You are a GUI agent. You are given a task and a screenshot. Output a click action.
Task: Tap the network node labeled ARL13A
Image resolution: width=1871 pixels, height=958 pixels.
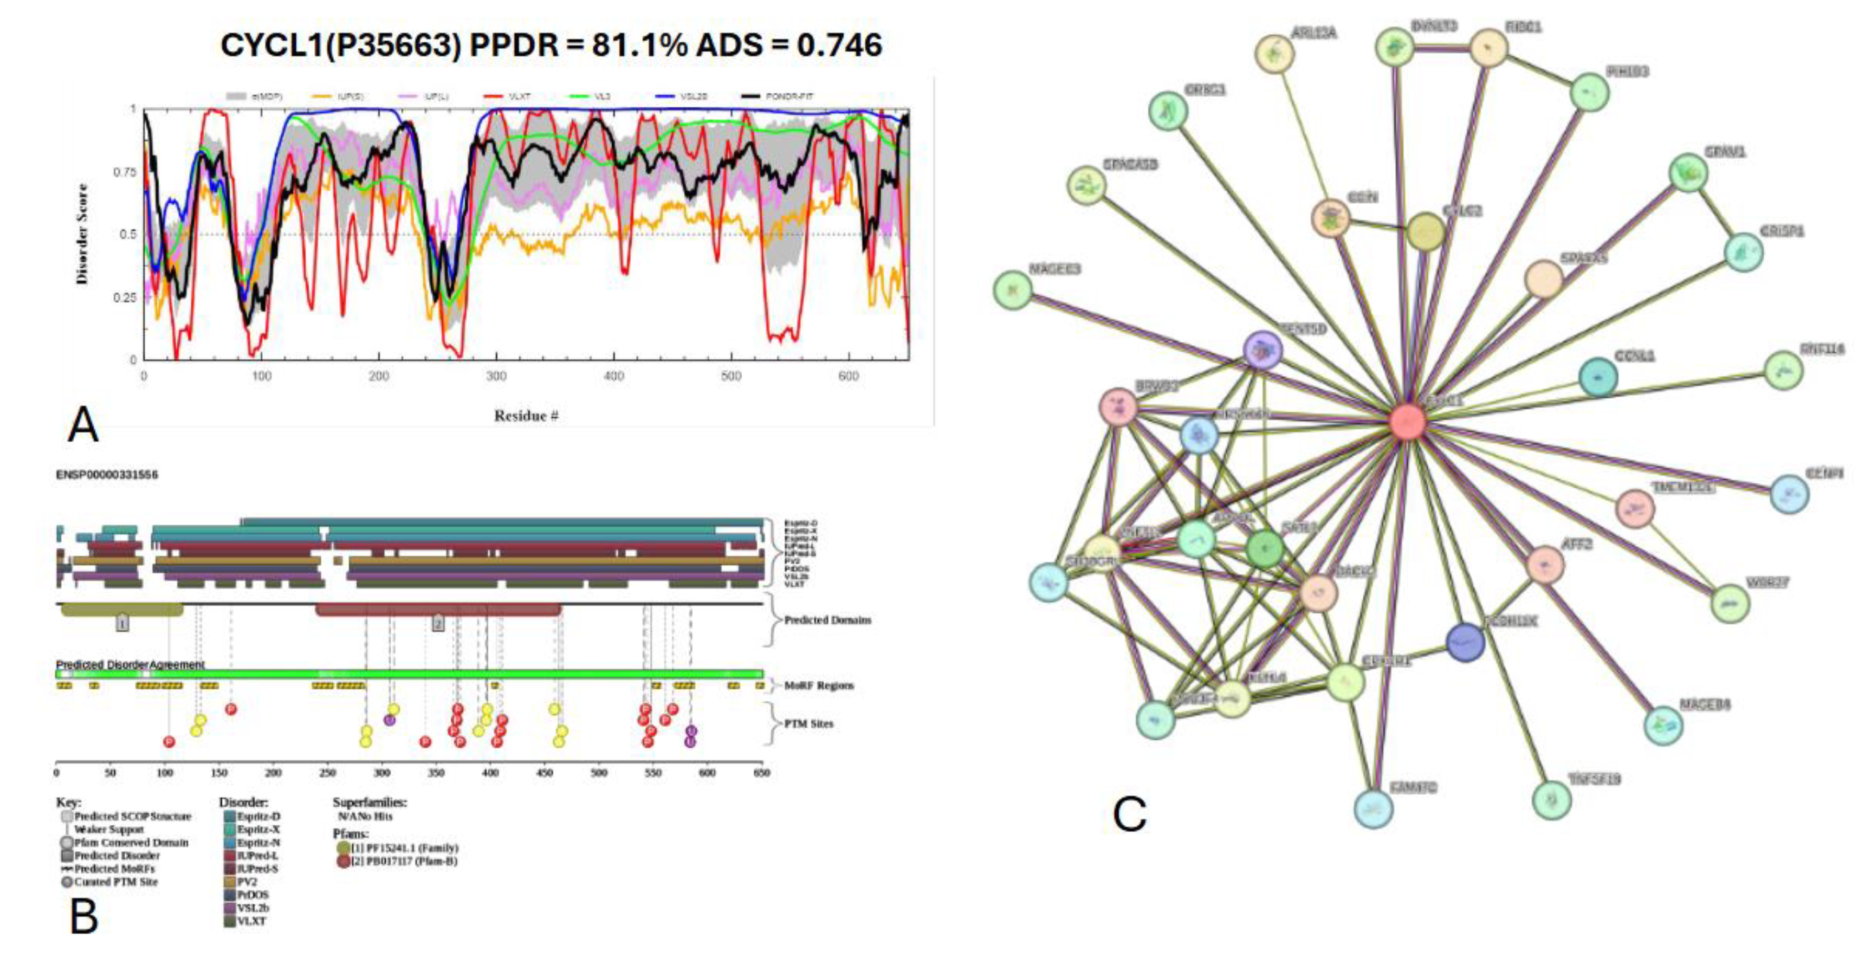pyautogui.click(x=1274, y=53)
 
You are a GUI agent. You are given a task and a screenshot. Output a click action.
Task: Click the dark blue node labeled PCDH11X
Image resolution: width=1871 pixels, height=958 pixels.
pyautogui.click(x=1465, y=642)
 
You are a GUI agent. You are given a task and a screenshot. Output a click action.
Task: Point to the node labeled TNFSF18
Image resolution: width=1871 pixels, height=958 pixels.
pyautogui.click(x=1551, y=800)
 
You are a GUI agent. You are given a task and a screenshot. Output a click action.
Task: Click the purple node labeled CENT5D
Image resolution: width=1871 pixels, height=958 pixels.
pyautogui.click(x=1263, y=351)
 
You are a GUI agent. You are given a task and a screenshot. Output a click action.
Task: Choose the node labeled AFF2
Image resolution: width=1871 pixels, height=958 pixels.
pyautogui.click(x=1545, y=566)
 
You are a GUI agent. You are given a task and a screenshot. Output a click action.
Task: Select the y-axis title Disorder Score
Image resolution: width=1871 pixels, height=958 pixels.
pyautogui.click(x=82, y=234)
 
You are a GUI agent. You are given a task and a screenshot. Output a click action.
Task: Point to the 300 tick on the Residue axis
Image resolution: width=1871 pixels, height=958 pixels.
pyautogui.click(x=496, y=376)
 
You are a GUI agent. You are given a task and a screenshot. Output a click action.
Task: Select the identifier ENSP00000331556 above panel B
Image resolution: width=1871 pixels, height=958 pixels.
pyautogui.click(x=107, y=474)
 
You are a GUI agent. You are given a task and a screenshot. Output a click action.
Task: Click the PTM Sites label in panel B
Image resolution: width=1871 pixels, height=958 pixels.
pyautogui.click(x=808, y=723)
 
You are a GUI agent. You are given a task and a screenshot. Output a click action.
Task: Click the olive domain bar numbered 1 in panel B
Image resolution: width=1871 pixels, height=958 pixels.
pyautogui.click(x=121, y=610)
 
